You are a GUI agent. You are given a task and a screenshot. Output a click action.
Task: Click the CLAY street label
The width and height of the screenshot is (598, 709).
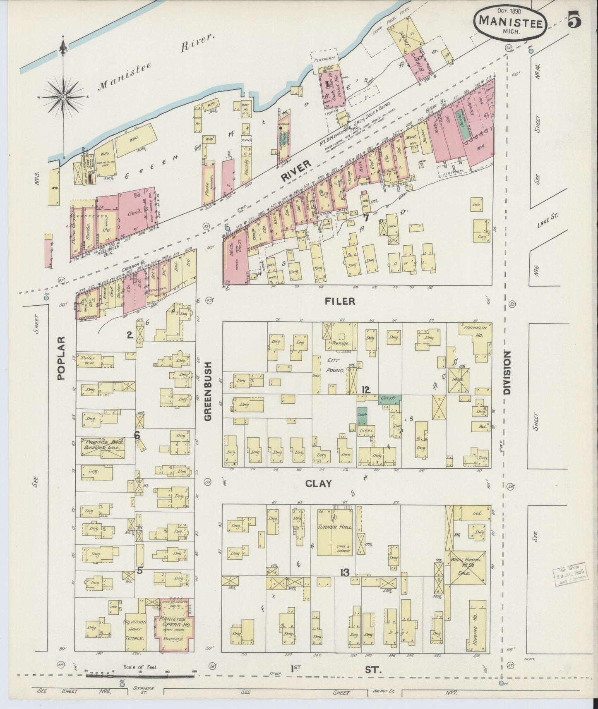click(319, 483)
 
